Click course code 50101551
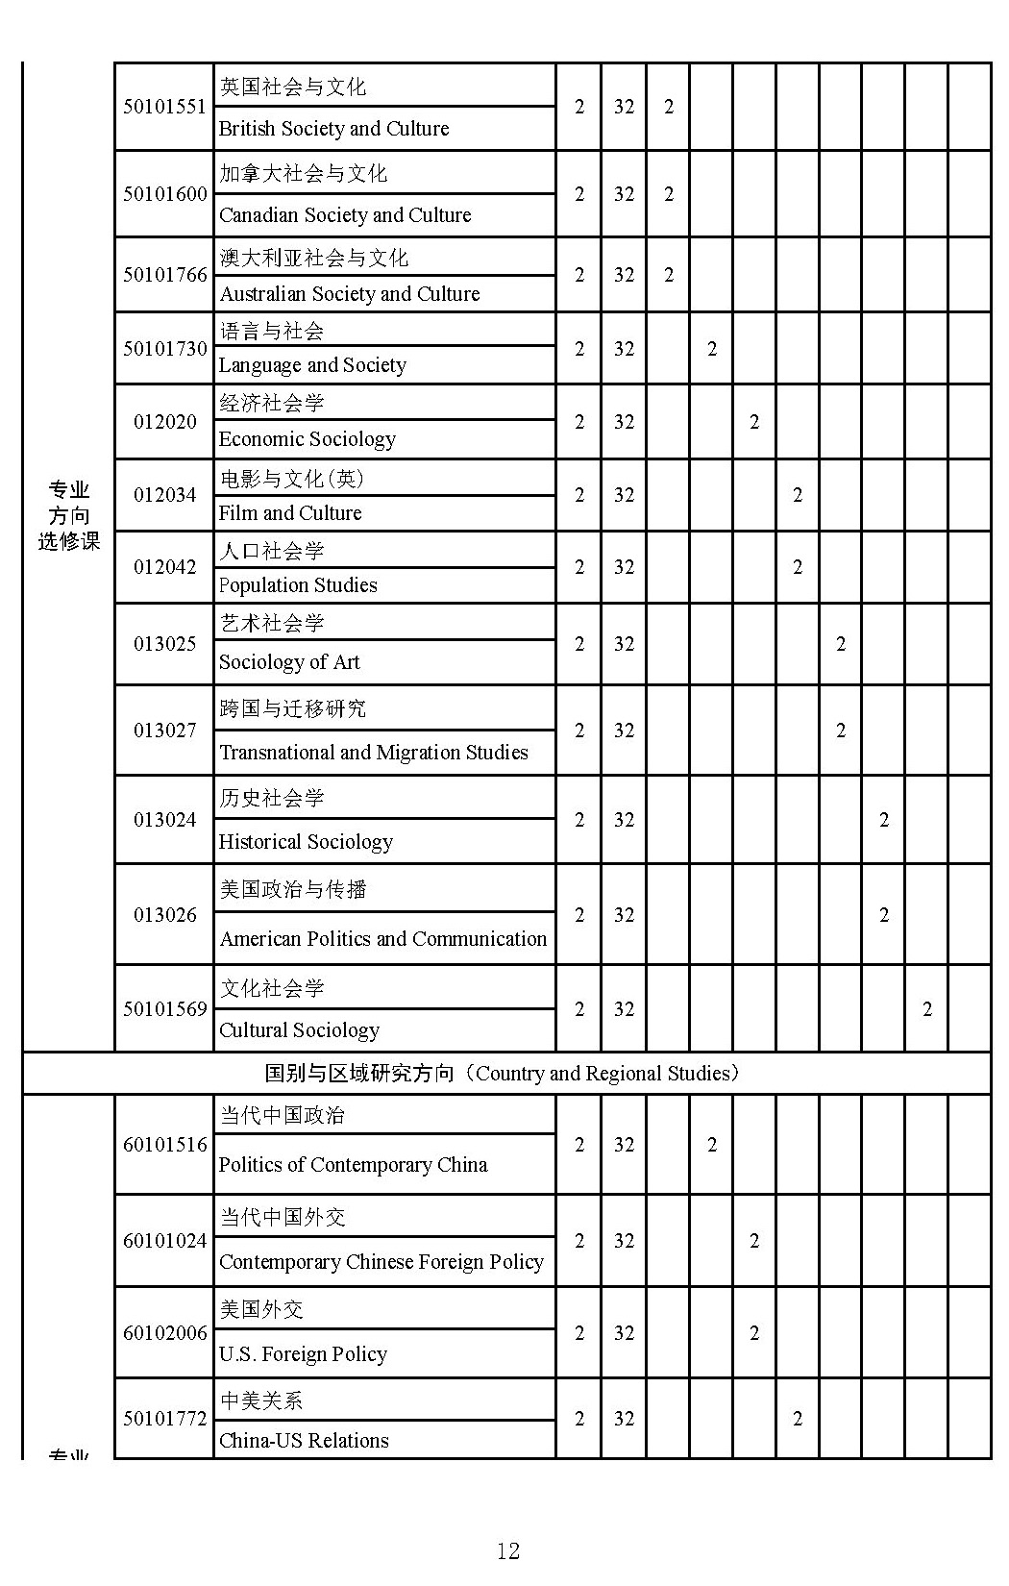[x=164, y=107]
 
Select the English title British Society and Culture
[x=333, y=129]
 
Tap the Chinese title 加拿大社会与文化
[x=303, y=173]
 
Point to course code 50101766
[x=164, y=275]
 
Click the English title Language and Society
[x=312, y=365]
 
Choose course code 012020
[x=164, y=422]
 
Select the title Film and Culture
[x=290, y=513]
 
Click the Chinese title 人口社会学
[x=272, y=551]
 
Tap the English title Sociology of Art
[x=289, y=662]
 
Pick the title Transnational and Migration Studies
[x=373, y=753]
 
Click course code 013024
[x=164, y=820]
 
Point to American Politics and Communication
[x=382, y=939]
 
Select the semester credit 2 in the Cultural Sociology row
[x=926, y=1009]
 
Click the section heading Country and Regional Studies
[x=505, y=1074]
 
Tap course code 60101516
[x=164, y=1145]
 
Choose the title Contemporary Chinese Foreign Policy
[x=381, y=1262]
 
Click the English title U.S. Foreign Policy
[x=303, y=1354]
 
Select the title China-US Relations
[x=304, y=1441]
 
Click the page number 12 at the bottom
[x=507, y=1550]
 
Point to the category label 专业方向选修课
[x=69, y=516]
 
